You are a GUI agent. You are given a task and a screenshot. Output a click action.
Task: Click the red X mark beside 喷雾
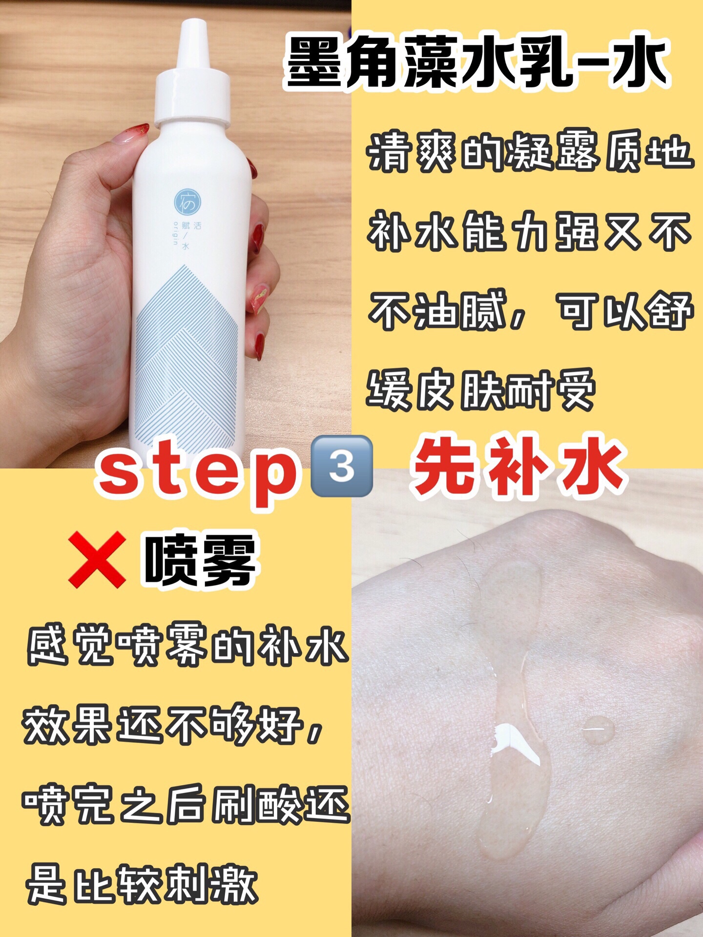coord(97,559)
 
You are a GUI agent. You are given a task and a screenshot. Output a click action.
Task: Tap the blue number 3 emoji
coord(342,466)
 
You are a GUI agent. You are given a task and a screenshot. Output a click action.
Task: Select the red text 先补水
coord(518,466)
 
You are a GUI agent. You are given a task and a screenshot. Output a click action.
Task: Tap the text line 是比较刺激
coord(142,883)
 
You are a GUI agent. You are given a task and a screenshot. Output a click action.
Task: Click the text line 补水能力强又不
coord(530,231)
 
